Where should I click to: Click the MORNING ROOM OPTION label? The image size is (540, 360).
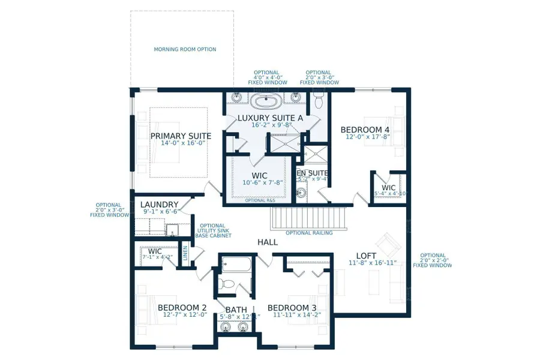click(x=185, y=49)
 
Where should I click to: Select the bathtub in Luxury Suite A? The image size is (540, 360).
click(x=265, y=100)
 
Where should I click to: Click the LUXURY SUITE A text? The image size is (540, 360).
click(x=270, y=118)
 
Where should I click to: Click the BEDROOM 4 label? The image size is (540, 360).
click(x=365, y=130)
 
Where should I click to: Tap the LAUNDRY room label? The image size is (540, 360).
click(x=159, y=205)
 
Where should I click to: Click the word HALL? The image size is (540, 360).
click(x=268, y=242)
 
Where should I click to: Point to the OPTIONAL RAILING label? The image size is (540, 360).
click(x=309, y=233)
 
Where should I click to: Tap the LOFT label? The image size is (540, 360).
click(x=366, y=256)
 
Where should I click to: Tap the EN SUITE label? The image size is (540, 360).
click(x=313, y=173)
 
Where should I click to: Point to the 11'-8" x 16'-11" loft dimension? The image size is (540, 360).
click(x=372, y=263)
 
